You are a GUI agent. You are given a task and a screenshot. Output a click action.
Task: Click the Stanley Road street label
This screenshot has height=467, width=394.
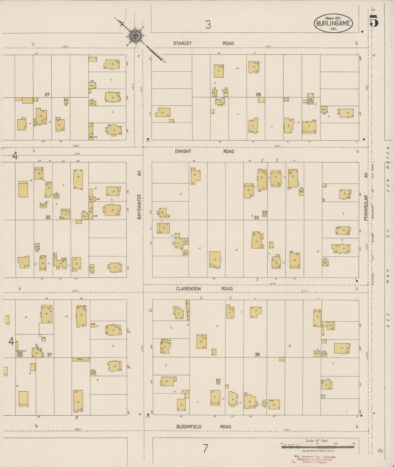[203, 43]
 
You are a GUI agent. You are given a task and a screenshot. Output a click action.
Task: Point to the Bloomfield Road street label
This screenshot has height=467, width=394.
[203, 427]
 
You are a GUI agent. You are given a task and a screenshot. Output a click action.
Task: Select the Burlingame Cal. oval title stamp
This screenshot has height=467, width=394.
[333, 23]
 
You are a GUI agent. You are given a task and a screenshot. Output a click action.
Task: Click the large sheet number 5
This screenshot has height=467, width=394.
[374, 22]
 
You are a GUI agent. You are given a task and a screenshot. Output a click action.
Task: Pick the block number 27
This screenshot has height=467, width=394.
[47, 95]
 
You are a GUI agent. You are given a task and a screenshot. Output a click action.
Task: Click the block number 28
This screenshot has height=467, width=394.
[258, 95]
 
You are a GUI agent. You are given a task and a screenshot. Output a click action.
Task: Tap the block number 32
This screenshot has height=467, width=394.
[48, 217]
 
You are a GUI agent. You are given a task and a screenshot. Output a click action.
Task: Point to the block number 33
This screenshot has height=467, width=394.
[256, 217]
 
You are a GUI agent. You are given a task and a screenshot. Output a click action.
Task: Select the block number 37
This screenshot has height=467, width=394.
[49, 354]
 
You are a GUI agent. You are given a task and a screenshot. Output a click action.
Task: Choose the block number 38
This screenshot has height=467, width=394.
[257, 354]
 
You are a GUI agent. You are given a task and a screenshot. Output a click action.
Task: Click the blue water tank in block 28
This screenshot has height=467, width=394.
[310, 100]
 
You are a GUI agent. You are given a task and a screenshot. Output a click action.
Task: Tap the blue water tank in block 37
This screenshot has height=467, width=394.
[20, 354]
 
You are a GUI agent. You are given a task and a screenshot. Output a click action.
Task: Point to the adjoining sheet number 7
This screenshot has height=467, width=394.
[205, 448]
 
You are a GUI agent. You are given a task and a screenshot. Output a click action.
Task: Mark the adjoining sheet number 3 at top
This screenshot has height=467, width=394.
[208, 25]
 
